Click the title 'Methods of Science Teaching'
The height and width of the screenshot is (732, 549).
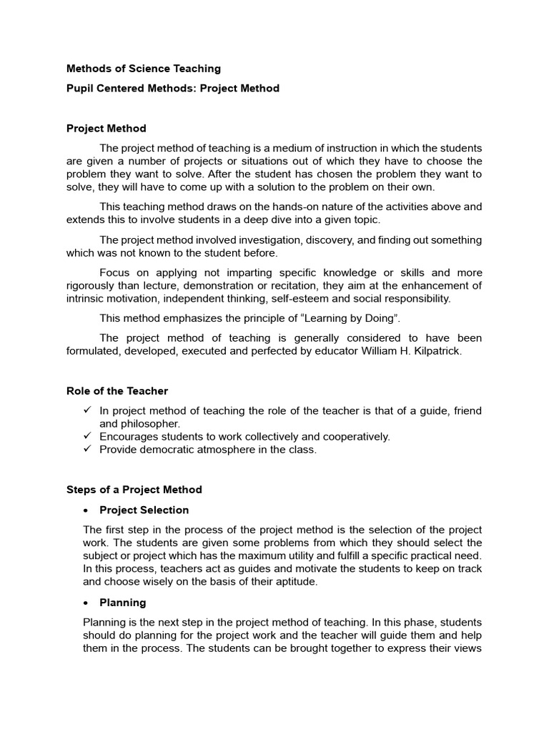pyautogui.click(x=144, y=69)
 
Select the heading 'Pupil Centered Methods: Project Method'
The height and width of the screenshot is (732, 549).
pyautogui.click(x=173, y=89)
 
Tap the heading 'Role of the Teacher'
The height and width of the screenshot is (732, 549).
pyautogui.click(x=117, y=391)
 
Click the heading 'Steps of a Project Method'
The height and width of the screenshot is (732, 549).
pyautogui.click(x=134, y=490)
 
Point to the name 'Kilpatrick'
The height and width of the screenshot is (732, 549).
pyautogui.click(x=435, y=351)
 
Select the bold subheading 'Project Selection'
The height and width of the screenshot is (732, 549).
pyautogui.click(x=144, y=510)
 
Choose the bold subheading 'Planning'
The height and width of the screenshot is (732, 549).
pyautogui.click(x=123, y=603)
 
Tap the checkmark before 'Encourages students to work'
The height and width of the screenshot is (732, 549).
pyautogui.click(x=87, y=436)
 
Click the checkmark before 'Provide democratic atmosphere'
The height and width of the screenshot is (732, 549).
pyautogui.click(x=87, y=449)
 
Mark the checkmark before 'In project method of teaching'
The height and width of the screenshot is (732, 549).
pyautogui.click(x=87, y=410)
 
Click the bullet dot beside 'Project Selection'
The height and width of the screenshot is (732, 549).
pyautogui.click(x=85, y=510)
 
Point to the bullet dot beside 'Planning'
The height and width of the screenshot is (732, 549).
pyautogui.click(x=85, y=603)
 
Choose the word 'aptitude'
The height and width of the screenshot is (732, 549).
pyautogui.click(x=288, y=582)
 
